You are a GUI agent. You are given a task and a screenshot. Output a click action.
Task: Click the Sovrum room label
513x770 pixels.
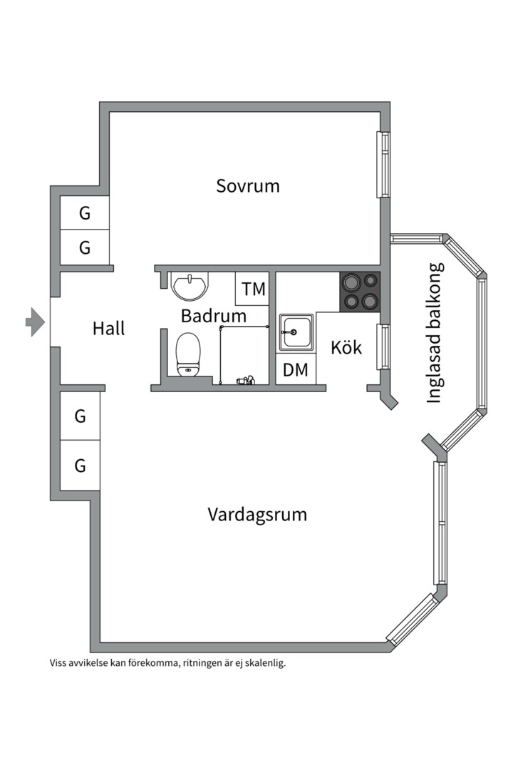248,186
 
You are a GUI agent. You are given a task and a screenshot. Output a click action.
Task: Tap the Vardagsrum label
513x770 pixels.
257,514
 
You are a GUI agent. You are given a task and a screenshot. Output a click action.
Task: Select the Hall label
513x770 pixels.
108,329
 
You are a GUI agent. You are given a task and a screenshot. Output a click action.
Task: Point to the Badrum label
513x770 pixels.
213,316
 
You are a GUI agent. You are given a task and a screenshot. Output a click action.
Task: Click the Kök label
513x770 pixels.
346,348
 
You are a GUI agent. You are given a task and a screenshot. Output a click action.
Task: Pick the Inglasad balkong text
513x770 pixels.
435,333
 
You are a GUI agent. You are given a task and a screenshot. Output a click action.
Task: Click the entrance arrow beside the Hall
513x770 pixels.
35,322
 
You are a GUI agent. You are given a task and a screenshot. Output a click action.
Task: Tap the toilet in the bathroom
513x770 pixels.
189,353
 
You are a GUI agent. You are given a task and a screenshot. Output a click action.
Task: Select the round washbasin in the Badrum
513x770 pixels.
190,285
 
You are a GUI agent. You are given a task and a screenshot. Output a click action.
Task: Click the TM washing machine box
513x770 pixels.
253,289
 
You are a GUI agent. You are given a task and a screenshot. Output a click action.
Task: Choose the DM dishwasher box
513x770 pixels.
295,370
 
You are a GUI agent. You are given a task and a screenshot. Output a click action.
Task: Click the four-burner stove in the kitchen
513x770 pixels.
359,292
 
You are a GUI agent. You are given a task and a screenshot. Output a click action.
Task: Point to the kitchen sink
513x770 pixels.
294,332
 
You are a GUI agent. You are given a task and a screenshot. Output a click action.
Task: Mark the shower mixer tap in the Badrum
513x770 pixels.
245,381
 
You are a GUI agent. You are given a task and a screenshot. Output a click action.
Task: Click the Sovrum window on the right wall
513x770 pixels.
383,165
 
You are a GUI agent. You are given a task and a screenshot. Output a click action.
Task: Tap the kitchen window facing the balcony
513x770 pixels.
382,347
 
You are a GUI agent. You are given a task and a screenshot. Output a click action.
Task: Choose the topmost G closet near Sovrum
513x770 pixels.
85,213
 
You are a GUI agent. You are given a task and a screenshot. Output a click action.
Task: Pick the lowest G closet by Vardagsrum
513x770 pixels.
80,466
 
